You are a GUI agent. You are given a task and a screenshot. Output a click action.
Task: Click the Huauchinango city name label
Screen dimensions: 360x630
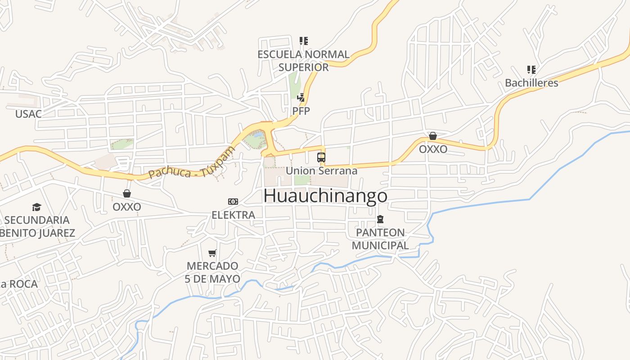[x=325, y=196]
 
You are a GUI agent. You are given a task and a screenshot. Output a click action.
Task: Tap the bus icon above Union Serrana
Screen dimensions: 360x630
[x=321, y=157]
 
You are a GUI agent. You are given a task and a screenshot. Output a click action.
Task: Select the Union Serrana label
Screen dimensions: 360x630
[x=321, y=171]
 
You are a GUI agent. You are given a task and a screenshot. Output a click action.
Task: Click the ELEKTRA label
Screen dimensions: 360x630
[x=233, y=215]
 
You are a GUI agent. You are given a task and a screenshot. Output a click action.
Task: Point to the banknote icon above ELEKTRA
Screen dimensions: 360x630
[x=233, y=201]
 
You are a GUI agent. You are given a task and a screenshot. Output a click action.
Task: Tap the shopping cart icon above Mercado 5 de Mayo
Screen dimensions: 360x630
[x=212, y=253]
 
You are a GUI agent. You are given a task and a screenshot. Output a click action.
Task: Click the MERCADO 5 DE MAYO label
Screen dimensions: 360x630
[x=212, y=272]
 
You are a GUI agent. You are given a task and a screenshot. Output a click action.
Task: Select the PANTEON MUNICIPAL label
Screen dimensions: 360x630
[x=380, y=239]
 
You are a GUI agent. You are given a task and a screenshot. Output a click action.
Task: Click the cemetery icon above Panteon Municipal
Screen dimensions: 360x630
[x=380, y=219]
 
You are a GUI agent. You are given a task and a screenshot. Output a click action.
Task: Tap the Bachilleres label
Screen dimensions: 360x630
[x=531, y=83]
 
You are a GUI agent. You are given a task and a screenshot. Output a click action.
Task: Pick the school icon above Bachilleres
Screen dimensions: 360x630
[x=531, y=70]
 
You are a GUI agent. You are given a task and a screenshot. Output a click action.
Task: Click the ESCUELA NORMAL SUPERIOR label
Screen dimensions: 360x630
[x=303, y=61]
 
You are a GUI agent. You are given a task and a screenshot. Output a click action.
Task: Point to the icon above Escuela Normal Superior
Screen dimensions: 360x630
[x=304, y=41]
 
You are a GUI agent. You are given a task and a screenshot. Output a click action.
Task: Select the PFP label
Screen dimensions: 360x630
[x=301, y=110]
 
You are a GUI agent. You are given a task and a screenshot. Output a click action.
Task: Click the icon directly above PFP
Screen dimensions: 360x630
[x=301, y=97]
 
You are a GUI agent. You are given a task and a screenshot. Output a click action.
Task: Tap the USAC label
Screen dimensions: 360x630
[x=28, y=114]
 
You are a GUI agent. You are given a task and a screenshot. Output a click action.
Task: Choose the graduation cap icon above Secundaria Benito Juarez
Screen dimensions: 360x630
[x=36, y=207]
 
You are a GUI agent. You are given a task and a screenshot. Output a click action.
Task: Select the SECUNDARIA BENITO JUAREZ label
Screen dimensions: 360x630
[x=38, y=226]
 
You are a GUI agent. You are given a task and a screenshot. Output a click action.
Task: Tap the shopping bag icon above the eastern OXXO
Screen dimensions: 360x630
[x=433, y=136]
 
